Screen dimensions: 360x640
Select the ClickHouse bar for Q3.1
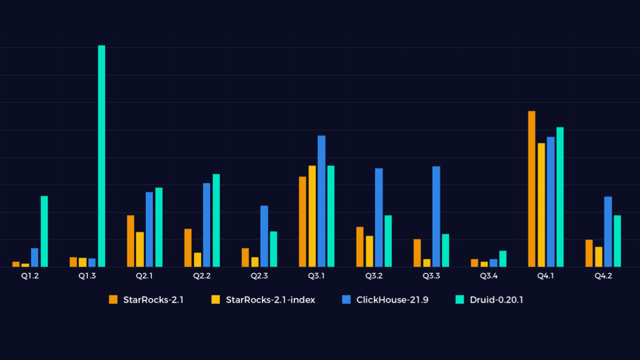tap(321, 201)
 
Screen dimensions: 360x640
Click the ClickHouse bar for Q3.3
tap(436, 217)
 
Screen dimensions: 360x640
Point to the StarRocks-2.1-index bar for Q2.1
tap(140, 249)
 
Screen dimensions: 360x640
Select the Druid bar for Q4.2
tap(617, 241)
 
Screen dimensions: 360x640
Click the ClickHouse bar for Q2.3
tap(264, 236)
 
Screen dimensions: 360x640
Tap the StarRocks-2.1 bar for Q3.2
tap(360, 247)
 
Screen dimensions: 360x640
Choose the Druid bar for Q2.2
tap(216, 221)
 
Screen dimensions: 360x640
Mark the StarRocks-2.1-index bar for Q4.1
tap(541, 205)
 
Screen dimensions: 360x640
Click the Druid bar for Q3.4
tap(503, 259)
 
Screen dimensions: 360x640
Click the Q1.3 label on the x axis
tap(87, 276)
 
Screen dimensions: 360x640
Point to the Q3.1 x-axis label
tap(317, 276)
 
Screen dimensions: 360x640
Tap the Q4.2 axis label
tap(603, 276)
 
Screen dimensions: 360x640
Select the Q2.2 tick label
tap(202, 276)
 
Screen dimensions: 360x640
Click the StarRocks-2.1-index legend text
tap(270, 300)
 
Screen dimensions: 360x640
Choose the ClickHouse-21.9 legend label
tap(392, 300)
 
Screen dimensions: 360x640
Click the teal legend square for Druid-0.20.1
tap(460, 300)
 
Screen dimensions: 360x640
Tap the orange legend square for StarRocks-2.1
tap(113, 300)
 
